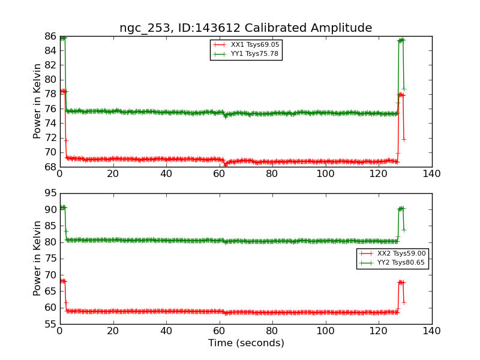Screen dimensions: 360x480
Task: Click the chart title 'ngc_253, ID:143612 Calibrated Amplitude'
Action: [245, 28]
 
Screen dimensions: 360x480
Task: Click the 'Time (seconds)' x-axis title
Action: [246, 343]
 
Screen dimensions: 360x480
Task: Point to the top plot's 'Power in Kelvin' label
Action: [38, 101]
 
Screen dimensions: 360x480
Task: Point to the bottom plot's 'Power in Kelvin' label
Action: [38, 258]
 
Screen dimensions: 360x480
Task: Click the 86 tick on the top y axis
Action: [50, 37]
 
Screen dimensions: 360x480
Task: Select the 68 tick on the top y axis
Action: [50, 167]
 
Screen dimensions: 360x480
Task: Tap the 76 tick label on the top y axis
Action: [50, 109]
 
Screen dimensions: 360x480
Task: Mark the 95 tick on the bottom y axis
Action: [50, 193]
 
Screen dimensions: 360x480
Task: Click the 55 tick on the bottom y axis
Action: [50, 324]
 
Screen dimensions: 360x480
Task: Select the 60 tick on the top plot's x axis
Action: [220, 175]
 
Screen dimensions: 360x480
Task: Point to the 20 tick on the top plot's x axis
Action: [113, 175]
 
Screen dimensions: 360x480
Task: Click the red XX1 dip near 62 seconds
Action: [225, 164]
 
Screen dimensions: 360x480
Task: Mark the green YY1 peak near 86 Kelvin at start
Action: [62, 38]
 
